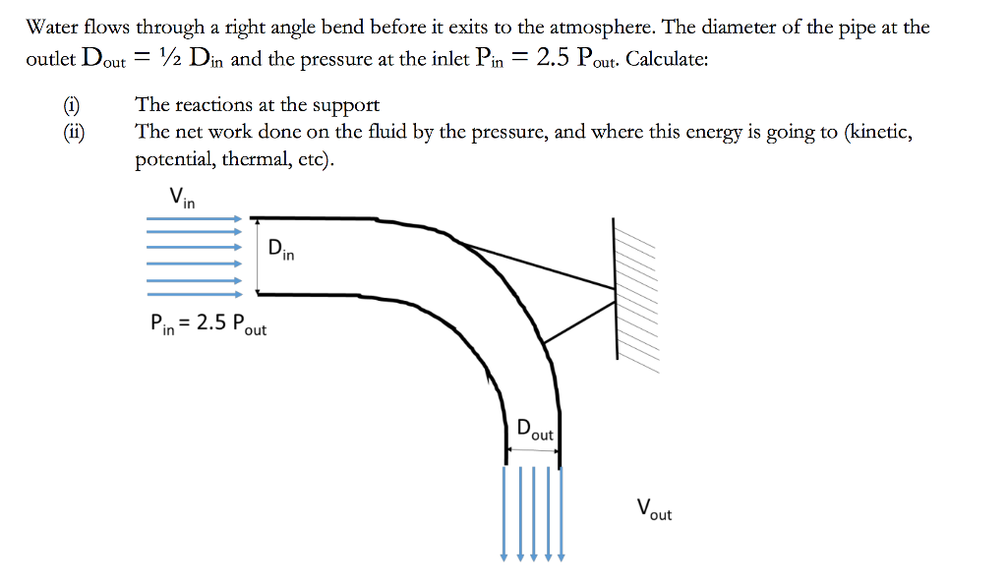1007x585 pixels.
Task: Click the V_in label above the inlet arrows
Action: [x=182, y=198]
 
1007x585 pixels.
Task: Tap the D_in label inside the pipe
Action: [x=281, y=249]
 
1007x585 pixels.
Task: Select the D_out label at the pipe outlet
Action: [x=535, y=430]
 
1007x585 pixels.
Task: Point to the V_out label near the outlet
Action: [x=654, y=509]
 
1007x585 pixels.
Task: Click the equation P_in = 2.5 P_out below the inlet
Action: [x=208, y=324]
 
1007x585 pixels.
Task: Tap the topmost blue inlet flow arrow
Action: [x=195, y=218]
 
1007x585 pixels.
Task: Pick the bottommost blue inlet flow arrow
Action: [x=195, y=295]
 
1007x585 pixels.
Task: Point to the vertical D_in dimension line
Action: [x=258, y=257]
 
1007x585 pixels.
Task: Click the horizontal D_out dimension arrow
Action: [x=532, y=450]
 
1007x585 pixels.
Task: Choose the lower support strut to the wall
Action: [x=579, y=322]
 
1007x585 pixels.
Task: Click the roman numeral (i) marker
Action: [x=71, y=104]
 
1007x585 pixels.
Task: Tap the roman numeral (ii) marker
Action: [x=74, y=132]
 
